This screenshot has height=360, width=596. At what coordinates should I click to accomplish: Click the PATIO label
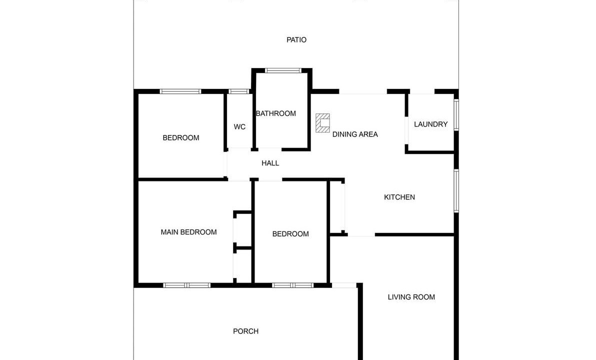click(296, 40)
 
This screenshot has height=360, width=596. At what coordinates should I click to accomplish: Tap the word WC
click(239, 127)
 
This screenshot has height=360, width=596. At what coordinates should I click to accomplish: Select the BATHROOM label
click(276, 113)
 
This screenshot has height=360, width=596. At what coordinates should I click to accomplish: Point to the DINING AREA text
click(355, 134)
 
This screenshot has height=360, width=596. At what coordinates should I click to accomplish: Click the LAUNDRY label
click(430, 124)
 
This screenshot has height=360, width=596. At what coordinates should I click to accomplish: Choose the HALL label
click(270, 163)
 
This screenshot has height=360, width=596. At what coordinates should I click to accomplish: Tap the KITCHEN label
click(399, 197)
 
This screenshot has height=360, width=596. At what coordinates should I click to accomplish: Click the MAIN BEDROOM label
click(188, 232)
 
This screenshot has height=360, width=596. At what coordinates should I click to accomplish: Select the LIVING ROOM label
click(411, 297)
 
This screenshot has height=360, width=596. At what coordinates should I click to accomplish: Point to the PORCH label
click(245, 331)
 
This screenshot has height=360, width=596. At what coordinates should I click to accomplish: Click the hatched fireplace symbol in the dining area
click(322, 123)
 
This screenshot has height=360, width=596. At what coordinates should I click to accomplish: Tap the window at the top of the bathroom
click(283, 70)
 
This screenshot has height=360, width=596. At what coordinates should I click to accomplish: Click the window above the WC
click(238, 91)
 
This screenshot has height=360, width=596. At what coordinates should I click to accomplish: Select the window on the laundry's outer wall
click(456, 114)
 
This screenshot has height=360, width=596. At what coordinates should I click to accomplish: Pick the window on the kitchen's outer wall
click(456, 190)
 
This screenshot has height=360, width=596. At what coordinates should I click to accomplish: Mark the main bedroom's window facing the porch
click(186, 285)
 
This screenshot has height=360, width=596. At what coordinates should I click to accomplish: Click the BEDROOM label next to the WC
click(181, 138)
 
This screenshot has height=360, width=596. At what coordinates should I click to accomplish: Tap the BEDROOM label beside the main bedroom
click(290, 234)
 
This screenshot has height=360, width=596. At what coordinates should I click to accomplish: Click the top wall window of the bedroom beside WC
click(180, 91)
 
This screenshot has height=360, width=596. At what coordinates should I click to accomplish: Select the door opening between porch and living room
click(344, 285)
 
